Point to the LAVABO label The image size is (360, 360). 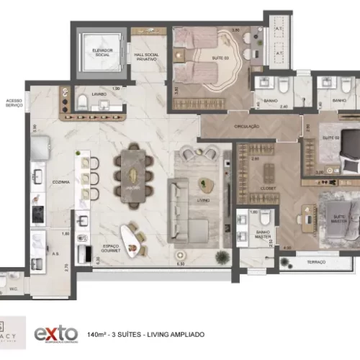[x=99, y=94]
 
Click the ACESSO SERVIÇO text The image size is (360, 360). [x=14, y=103]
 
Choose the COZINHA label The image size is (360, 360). [x=60, y=181]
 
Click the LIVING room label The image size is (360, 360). [x=204, y=201]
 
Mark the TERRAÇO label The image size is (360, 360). [x=316, y=262]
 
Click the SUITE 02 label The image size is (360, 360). [x=330, y=137]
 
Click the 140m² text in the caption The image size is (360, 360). [x=96, y=315]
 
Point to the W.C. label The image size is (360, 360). [x=13, y=289]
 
